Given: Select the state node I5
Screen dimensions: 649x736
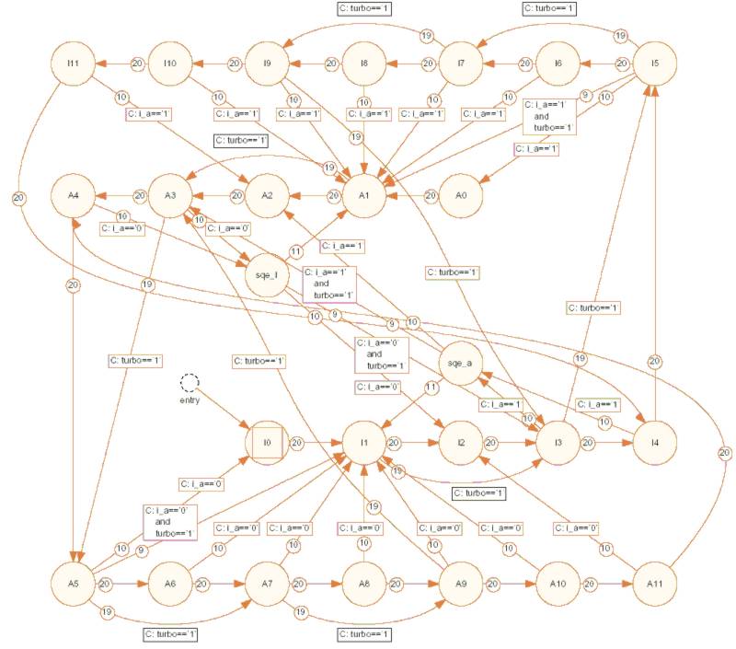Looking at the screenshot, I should coord(654,63).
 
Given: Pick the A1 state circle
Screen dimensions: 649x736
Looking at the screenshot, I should coord(365,195).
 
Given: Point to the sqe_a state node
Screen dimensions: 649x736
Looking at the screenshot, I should coord(459,364).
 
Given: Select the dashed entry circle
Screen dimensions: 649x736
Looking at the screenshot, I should coord(189,381).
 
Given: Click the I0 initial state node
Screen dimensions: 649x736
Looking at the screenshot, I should coord(268,443).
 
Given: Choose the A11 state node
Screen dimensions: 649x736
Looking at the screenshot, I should coord(654,584).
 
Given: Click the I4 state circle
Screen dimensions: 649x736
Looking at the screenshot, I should coord(654,443).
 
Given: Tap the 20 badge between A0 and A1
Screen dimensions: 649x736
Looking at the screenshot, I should coord(429,195).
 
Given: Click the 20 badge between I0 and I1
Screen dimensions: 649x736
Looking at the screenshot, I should coord(297,443).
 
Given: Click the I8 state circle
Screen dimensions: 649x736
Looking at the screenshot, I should coord(364,63).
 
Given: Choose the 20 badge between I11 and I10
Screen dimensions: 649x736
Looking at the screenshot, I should coord(137,63).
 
